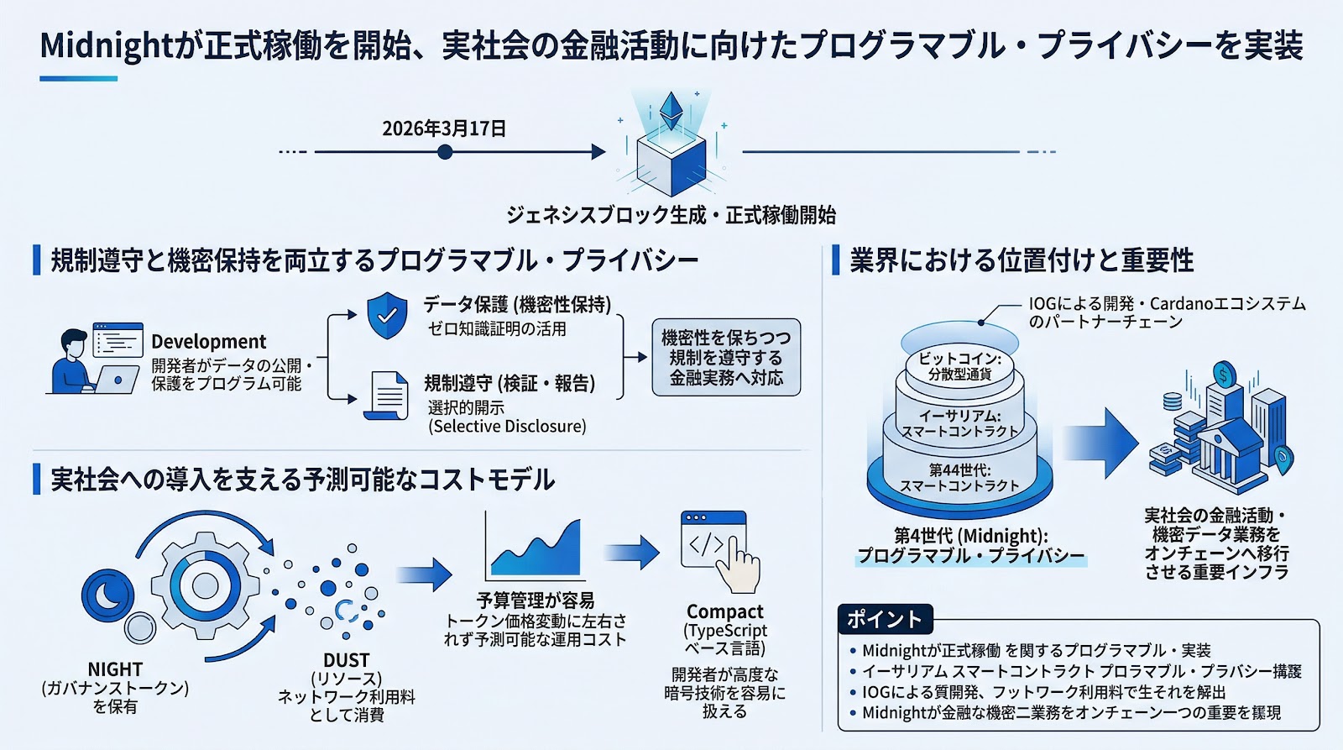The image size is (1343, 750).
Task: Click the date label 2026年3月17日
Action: click(x=444, y=128)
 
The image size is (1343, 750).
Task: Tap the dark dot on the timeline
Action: click(x=445, y=152)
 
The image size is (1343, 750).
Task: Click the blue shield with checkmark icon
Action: click(x=387, y=316)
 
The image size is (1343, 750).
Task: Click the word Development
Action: click(x=208, y=342)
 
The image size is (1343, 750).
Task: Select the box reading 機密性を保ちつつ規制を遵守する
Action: click(x=726, y=358)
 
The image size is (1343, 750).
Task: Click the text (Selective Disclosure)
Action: click(x=507, y=427)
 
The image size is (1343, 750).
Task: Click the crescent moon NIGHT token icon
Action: click(x=107, y=595)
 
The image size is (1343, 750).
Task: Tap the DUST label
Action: click(x=346, y=660)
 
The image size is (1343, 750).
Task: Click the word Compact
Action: click(x=724, y=611)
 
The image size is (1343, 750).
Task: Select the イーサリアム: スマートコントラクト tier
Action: click(x=959, y=423)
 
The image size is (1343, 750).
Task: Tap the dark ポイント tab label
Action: click(x=884, y=619)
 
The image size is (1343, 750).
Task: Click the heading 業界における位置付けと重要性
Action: click(x=1022, y=260)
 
